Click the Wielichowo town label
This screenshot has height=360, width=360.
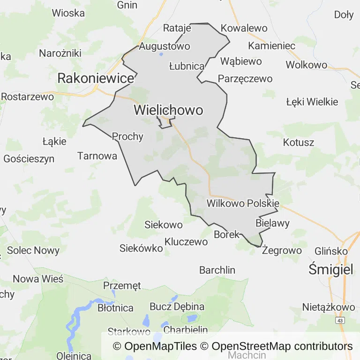coord(169,110)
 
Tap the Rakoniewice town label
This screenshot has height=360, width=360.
coord(96,78)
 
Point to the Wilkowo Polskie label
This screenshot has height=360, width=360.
coord(243,203)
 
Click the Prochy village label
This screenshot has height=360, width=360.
coord(127,136)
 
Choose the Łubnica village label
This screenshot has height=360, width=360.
coord(187,66)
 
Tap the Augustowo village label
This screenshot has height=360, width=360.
coord(165,46)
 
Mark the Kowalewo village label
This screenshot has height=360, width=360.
coord(244,28)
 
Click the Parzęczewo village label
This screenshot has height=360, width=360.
coord(245,78)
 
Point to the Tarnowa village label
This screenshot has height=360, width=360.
coord(97,156)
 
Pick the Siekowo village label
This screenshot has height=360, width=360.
coord(164,225)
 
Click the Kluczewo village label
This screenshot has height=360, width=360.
coord(186,242)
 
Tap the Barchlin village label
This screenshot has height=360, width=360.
coord(217,270)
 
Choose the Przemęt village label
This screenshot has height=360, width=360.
coord(121,285)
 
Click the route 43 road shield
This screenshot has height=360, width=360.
coord(339,320)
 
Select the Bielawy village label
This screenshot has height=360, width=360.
coord(273,223)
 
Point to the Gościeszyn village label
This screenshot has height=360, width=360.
coord(29,158)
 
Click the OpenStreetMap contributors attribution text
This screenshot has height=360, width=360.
coord(282,346)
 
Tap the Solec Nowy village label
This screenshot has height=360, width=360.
coord(33,250)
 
